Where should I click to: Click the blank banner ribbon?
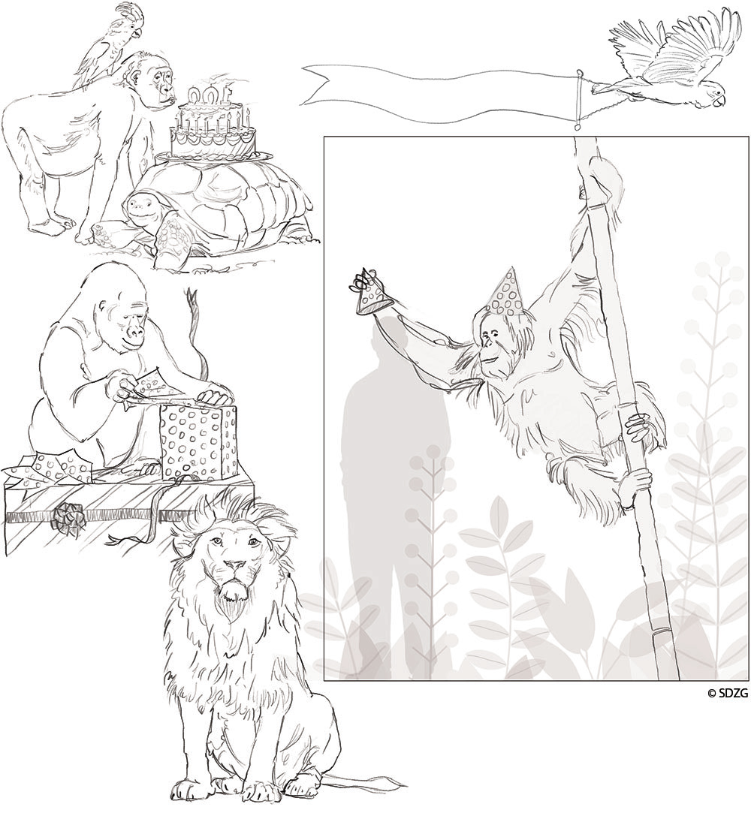coord(442,94)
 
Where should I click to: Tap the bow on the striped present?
coord(68,517)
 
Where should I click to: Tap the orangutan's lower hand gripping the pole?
coord(633,481)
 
